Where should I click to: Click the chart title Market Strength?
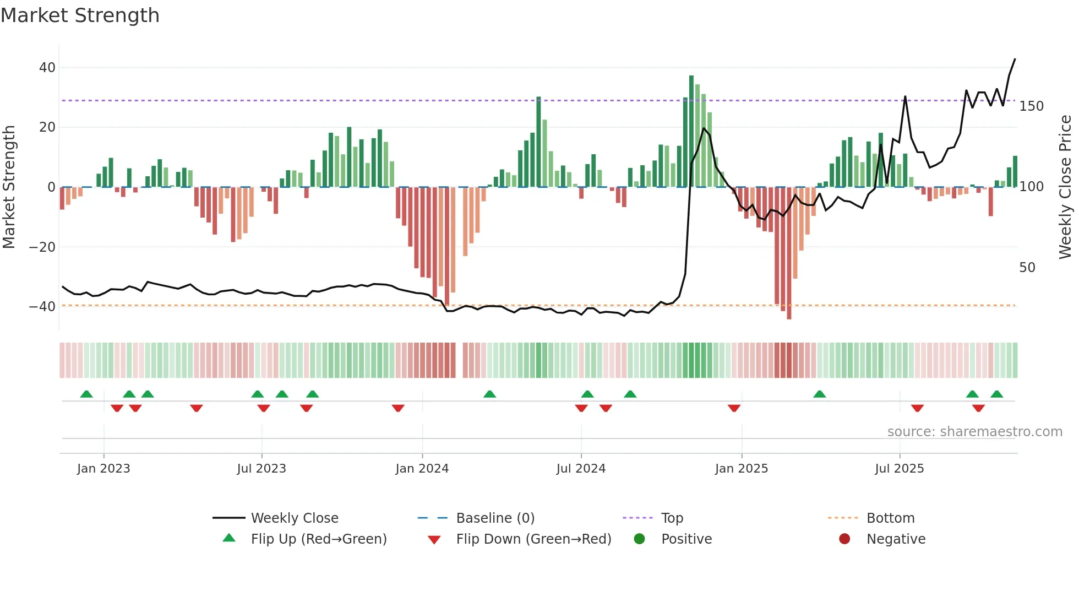80,15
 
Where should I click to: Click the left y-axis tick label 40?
47,68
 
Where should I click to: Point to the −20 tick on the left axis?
42,247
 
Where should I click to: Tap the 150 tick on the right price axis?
1031,106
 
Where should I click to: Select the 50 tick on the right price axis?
1027,268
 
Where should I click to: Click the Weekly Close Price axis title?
1065,187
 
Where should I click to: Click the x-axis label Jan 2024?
422,469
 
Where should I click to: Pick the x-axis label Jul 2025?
899,469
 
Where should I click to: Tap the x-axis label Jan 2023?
103,469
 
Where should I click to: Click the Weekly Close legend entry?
294,518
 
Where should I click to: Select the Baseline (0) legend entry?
495,518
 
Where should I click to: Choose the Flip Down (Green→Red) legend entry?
533,539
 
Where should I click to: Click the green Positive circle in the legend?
639,539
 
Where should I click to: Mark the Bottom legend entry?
890,518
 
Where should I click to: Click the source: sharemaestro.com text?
974,432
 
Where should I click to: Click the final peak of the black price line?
1015,59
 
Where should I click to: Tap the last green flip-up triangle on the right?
996,394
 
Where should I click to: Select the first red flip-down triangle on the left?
117,408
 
